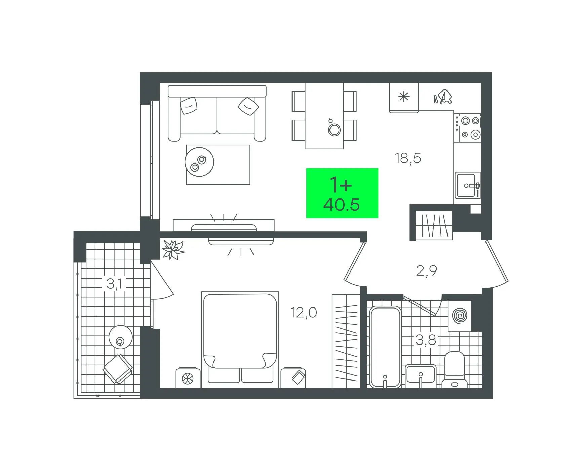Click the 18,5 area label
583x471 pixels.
coord(408,158)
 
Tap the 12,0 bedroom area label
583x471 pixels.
coord(304,313)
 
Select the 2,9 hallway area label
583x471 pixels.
coord(426,271)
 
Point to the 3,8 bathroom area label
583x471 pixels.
coord(426,340)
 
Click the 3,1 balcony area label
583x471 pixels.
coord(114,284)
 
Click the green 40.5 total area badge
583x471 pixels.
coord(342,193)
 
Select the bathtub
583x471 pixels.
coord(385,347)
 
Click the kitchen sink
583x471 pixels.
coord(468,185)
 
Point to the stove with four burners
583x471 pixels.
coord(467,128)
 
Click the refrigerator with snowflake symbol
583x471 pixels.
coord(404,98)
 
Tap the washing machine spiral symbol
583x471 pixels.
coord(460,316)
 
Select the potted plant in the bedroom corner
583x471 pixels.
coord(173,250)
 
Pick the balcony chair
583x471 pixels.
coord(118,369)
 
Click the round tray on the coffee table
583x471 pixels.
coord(199,162)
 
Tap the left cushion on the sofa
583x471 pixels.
coord(189,106)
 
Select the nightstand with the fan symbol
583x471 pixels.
coord(188,378)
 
